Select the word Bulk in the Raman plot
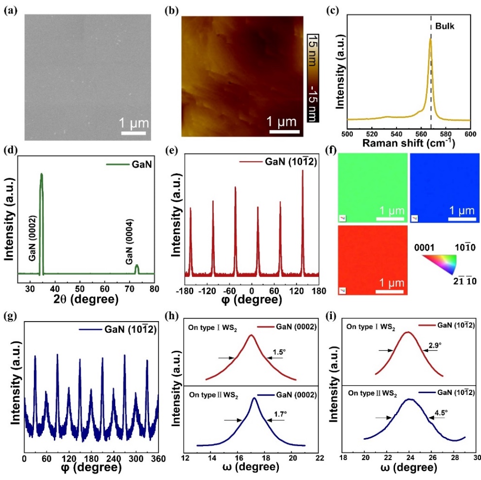pyautogui.click(x=445, y=26)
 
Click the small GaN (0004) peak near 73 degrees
pyautogui.click(x=137, y=269)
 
